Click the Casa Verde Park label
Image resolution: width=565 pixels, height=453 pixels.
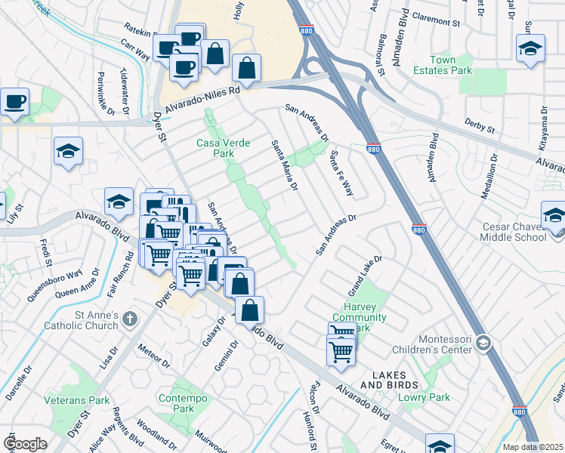point(226,147)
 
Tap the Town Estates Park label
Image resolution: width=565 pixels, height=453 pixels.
point(451,65)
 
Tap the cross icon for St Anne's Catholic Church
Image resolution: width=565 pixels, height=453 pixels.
point(129,319)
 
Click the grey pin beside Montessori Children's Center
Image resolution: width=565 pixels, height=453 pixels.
point(483,344)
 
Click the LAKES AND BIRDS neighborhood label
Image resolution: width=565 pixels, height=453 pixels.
point(387,380)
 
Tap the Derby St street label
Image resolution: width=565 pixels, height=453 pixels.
point(480,126)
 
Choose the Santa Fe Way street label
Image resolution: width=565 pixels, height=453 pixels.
point(341,174)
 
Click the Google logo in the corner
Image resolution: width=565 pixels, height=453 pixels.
point(25,444)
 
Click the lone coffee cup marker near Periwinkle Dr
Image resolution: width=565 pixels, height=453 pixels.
point(14,102)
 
